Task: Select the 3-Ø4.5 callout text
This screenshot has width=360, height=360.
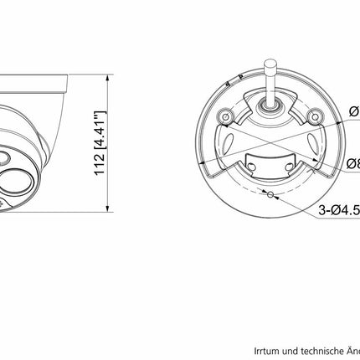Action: coord(339,213)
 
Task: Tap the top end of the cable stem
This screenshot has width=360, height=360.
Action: coord(272,63)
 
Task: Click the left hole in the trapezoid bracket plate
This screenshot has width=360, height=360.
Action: coord(252,167)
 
